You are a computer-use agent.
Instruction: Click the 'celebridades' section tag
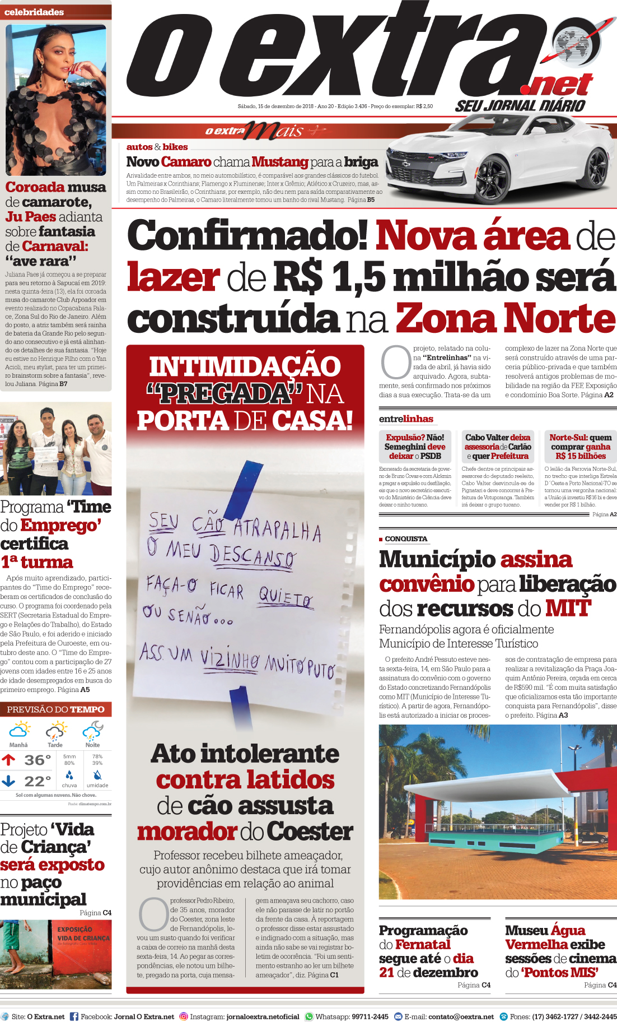pos(34,12)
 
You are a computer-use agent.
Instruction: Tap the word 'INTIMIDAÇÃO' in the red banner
pos(245,367)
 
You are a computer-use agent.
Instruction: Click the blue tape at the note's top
pos(241,489)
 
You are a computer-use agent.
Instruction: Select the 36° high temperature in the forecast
pos(38,760)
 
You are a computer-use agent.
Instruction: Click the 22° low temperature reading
pos(38,781)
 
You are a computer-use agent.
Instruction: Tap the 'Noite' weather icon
pos(92,731)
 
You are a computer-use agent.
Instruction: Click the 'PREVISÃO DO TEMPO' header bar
pos(55,709)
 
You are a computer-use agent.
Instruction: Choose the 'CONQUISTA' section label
pos(406,538)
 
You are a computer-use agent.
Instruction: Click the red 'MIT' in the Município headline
pos(568,608)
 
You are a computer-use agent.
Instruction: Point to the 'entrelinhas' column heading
pos(406,419)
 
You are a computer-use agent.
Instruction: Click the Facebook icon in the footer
pos(74,1016)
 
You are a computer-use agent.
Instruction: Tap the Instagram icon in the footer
pos(183,1016)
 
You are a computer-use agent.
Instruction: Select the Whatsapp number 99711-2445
pos(370,1016)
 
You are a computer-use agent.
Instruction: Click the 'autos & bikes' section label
pos(157,147)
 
